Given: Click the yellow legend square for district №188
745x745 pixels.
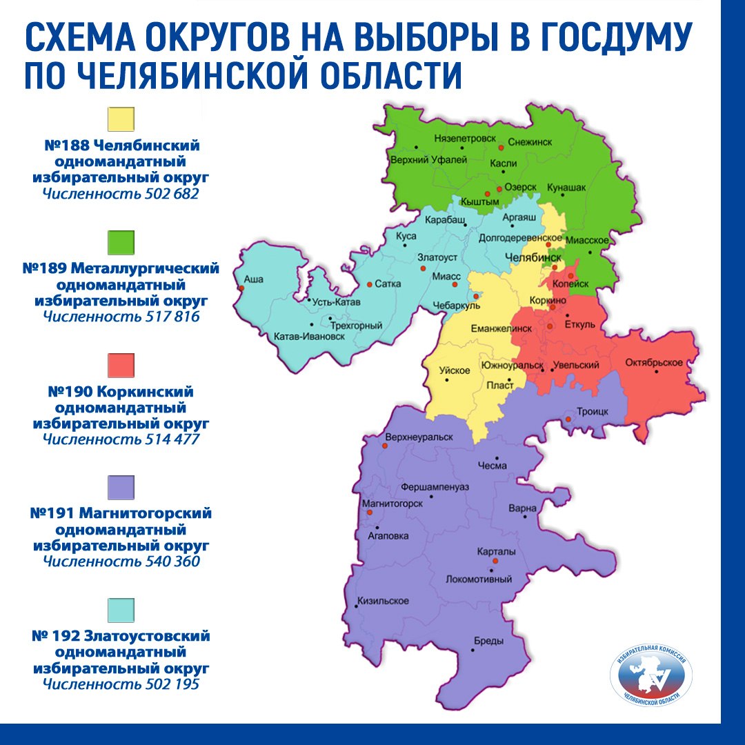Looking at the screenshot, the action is tap(121, 119).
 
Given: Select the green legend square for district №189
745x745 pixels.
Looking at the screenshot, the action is tap(121, 242).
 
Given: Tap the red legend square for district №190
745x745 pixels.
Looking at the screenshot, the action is tap(121, 365).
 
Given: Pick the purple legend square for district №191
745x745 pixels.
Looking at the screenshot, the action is tap(121, 488).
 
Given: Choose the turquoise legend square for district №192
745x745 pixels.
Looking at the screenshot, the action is tap(121, 610).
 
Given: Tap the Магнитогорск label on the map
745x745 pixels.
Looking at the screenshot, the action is tap(393, 504).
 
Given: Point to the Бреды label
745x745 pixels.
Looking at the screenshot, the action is tap(488, 641).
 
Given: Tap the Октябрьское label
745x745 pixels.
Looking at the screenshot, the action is tap(653, 363).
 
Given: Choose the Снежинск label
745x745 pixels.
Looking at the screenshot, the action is tap(530, 141).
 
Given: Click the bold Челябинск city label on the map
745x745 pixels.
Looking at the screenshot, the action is tap(533, 257).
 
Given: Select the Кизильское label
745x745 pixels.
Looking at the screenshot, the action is tap(383, 601).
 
